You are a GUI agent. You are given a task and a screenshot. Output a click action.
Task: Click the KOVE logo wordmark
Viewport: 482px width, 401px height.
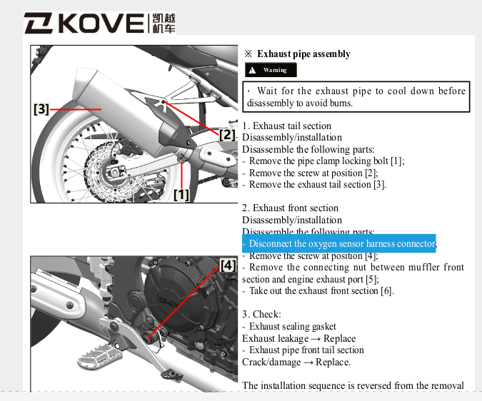[84, 24]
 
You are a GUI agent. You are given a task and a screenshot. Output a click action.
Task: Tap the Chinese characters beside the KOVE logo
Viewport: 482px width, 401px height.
[163, 24]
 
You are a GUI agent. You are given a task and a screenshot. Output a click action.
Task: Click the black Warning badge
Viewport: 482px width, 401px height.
[270, 70]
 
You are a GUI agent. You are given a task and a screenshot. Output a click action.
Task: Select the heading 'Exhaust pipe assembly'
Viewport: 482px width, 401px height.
[303, 54]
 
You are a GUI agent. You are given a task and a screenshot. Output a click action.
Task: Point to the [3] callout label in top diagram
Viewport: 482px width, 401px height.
[41, 109]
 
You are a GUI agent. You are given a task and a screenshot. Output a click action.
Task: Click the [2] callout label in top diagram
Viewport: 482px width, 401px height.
[226, 133]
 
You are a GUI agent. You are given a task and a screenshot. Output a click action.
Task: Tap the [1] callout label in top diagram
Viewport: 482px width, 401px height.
[181, 193]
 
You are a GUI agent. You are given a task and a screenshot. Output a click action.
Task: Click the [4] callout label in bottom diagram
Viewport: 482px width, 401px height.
[228, 265]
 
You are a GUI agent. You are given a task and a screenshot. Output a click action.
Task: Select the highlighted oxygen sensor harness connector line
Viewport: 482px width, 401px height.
[338, 244]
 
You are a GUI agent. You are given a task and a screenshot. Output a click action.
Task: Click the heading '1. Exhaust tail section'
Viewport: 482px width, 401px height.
[286, 126]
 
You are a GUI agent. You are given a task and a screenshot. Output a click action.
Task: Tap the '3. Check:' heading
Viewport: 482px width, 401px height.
[261, 314]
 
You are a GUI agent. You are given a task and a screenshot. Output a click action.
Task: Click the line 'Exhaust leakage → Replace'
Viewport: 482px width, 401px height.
[298, 338]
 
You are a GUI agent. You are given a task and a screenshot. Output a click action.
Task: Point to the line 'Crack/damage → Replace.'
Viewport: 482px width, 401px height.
[296, 362]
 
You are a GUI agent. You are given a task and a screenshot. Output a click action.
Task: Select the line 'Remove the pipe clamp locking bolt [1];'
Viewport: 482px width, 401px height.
[326, 161]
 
